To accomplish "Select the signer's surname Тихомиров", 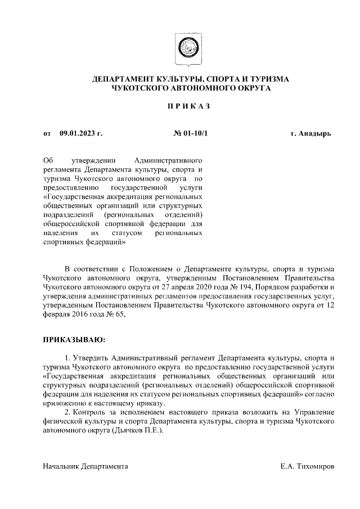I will click(x=312, y=467).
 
